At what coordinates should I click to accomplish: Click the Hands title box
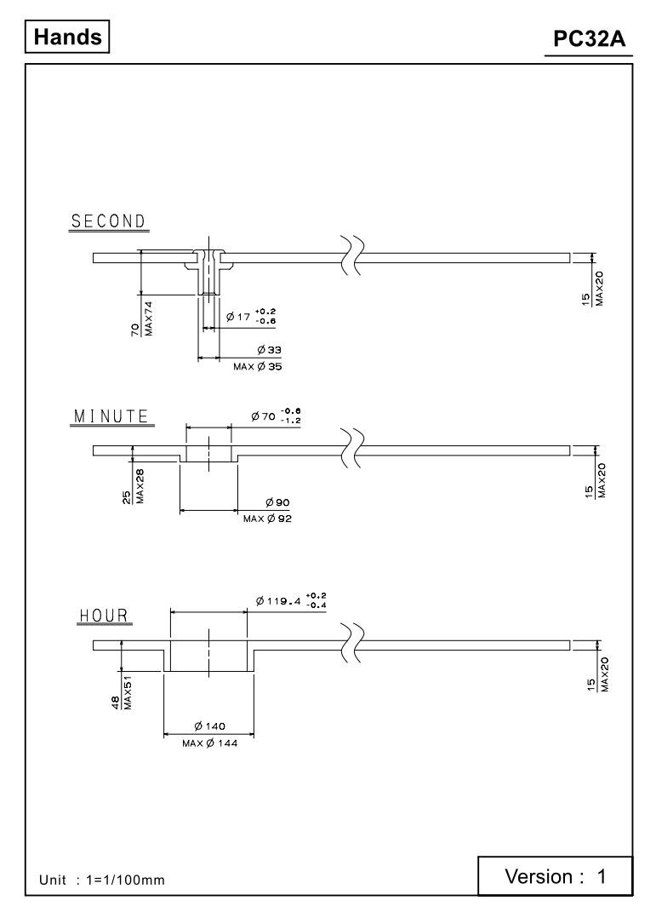tap(67, 37)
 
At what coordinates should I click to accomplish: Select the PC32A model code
tap(589, 38)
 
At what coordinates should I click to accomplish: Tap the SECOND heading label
tap(109, 221)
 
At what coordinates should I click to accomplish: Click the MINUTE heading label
tap(111, 416)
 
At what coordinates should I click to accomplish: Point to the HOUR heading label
tap(104, 616)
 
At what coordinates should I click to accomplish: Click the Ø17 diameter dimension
tap(251, 317)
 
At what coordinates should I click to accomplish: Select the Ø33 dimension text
tap(270, 350)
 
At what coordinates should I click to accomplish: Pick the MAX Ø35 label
tap(258, 366)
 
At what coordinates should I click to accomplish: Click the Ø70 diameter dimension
tap(276, 416)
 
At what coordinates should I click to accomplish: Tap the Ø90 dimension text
tap(277, 502)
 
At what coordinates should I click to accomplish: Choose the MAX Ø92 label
tap(267, 519)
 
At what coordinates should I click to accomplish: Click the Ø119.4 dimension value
tap(291, 601)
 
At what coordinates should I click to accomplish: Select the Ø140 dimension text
tap(210, 726)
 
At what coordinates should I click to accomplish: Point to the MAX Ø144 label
tap(209, 743)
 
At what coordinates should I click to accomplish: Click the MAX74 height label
tap(149, 318)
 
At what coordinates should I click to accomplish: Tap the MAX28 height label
tap(140, 486)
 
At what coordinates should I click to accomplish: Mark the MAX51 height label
tap(128, 692)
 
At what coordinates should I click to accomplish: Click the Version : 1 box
tap(556, 876)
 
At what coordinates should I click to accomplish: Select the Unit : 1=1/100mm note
tap(101, 880)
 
